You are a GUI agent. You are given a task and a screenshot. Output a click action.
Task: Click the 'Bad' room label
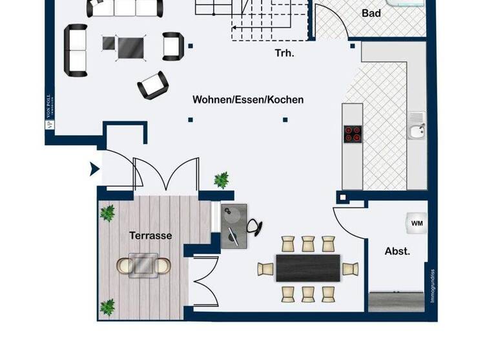click(x=371, y=13)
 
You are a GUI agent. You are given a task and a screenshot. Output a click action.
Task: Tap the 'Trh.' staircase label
click(x=284, y=54)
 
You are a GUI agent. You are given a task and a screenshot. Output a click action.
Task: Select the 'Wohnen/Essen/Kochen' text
click(x=248, y=100)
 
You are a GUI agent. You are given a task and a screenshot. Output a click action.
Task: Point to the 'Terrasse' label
click(x=150, y=235)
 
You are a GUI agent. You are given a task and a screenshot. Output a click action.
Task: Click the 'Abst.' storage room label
click(x=397, y=251)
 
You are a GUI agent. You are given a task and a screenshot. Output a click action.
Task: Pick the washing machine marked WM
click(x=417, y=223)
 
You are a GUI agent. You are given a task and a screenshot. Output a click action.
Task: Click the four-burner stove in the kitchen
click(x=353, y=133)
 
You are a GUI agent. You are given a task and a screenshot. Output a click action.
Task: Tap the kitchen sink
click(x=417, y=132)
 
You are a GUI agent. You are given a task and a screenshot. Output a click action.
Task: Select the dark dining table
click(x=308, y=268)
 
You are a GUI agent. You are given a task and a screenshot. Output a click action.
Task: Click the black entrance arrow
click(x=94, y=169)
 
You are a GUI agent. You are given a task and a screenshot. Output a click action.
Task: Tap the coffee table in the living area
click(x=131, y=45)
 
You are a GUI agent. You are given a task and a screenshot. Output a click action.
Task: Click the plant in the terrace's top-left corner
click(x=107, y=213)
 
